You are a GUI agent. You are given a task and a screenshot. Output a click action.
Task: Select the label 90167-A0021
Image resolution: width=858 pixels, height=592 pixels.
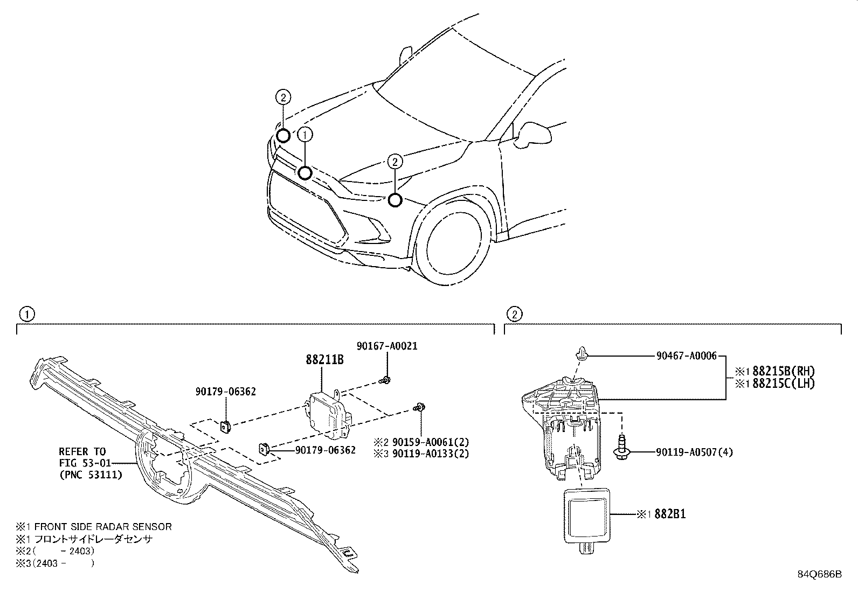pos(387,346)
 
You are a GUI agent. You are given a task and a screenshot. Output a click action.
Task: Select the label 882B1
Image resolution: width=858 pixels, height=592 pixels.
pos(670,514)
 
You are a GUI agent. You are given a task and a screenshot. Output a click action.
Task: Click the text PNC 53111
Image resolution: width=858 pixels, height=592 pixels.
pos(91,475)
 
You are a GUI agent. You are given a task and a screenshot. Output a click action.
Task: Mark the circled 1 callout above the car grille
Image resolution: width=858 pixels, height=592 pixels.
pos(305,135)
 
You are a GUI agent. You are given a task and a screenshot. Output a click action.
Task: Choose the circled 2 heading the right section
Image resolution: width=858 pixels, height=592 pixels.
pos(514,314)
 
